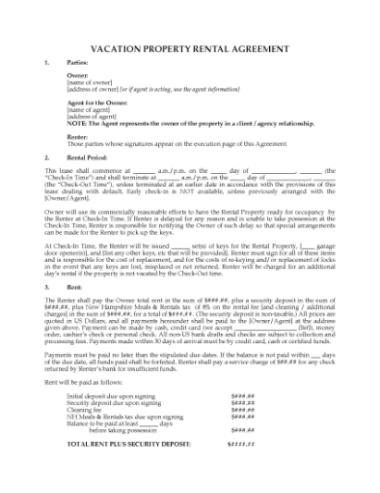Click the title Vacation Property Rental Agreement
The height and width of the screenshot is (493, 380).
190,45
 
